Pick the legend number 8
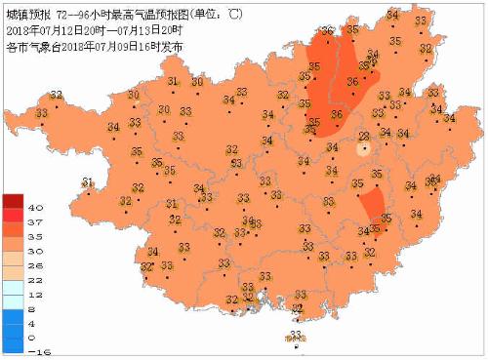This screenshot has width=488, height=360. point(34,307)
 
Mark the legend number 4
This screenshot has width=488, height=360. point(34,322)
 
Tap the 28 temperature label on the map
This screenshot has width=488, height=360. point(364,138)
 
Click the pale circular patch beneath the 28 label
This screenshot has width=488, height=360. point(364,150)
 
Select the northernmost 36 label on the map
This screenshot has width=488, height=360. point(326,30)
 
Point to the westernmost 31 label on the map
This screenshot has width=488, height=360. point(87,182)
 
